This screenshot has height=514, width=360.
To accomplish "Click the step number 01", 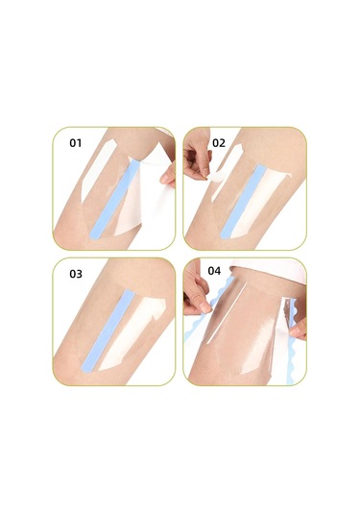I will coord(76,143).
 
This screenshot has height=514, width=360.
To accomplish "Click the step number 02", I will coord(219,143).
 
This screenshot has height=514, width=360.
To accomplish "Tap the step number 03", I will coord(76,274).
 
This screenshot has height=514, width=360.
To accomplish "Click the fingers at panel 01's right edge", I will coord(169,175).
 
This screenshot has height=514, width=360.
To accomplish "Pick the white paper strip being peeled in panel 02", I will coord(220,187).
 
